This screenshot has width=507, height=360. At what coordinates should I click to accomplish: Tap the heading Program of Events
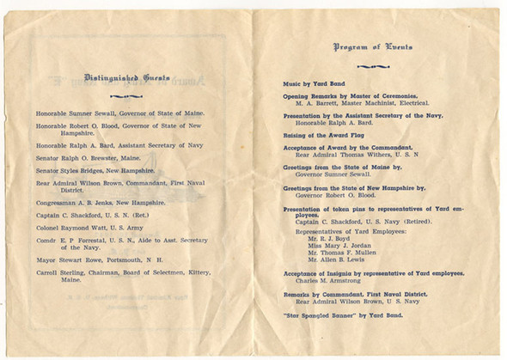tap(372, 47)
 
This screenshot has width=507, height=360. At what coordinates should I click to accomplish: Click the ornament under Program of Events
tap(372, 65)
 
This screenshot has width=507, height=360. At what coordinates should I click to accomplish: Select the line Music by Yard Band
tap(313, 84)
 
